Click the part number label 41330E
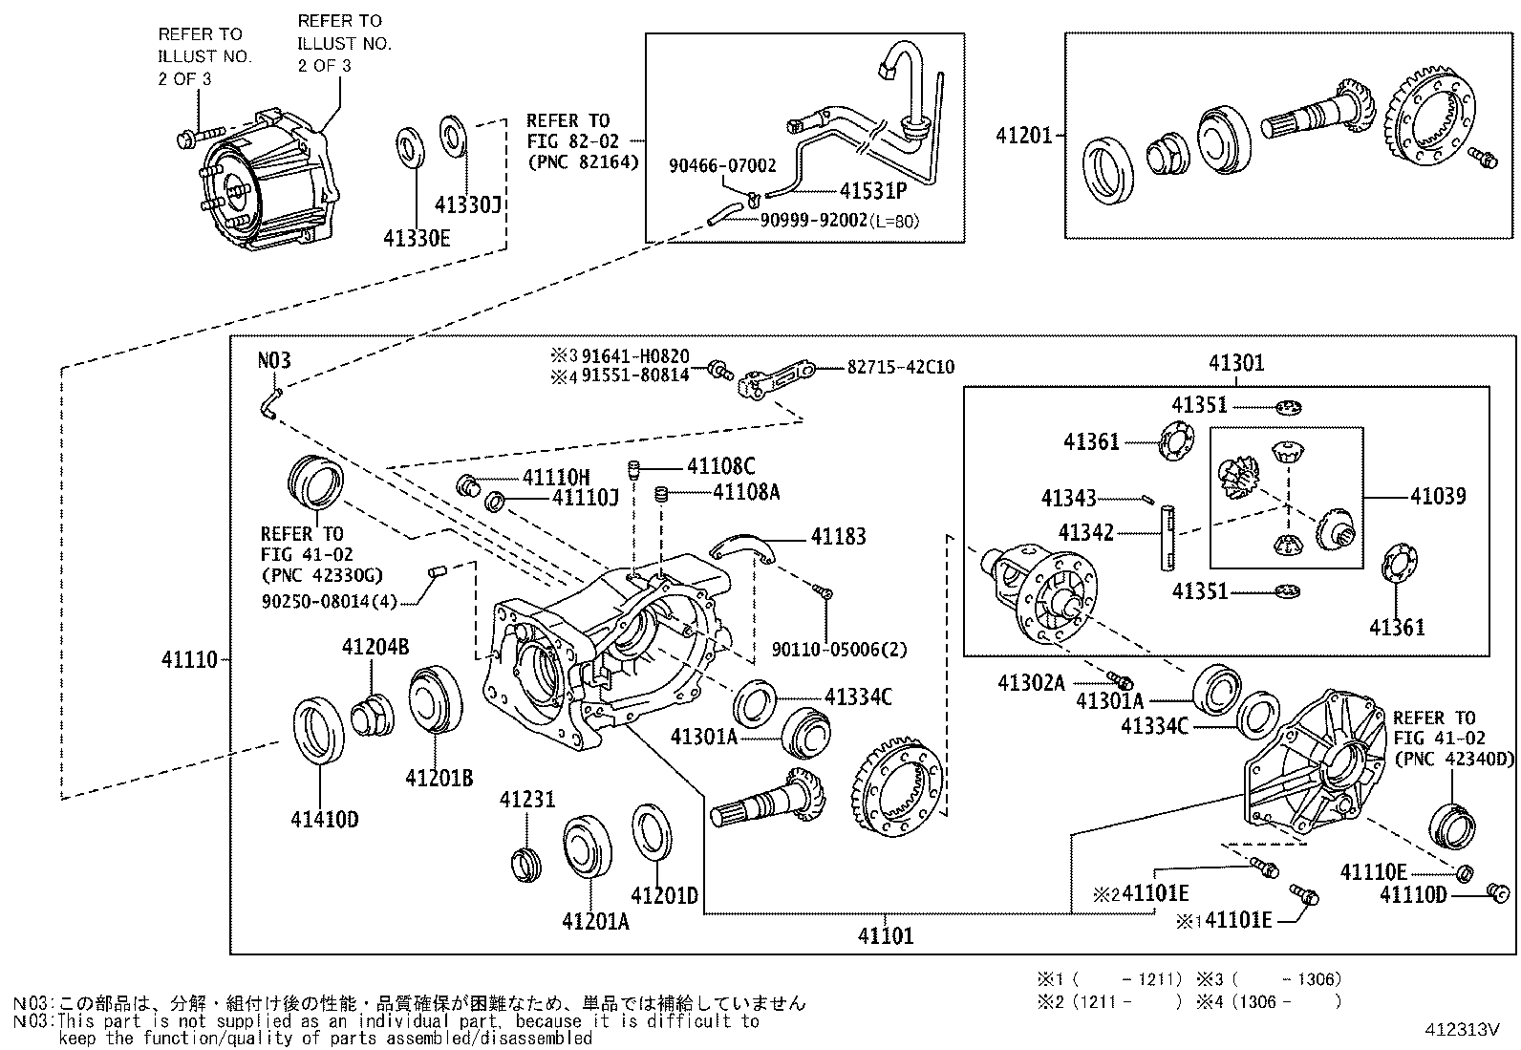417,237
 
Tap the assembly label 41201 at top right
1023,136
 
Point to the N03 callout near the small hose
274,361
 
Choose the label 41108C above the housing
720,466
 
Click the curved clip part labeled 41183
746,547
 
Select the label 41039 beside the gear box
1438,496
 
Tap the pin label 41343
1068,499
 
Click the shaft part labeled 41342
1168,539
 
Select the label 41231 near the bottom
526,800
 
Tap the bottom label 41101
886,935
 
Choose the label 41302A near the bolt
1031,682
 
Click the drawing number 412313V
1463,1030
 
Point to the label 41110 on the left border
189,659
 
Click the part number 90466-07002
722,166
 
